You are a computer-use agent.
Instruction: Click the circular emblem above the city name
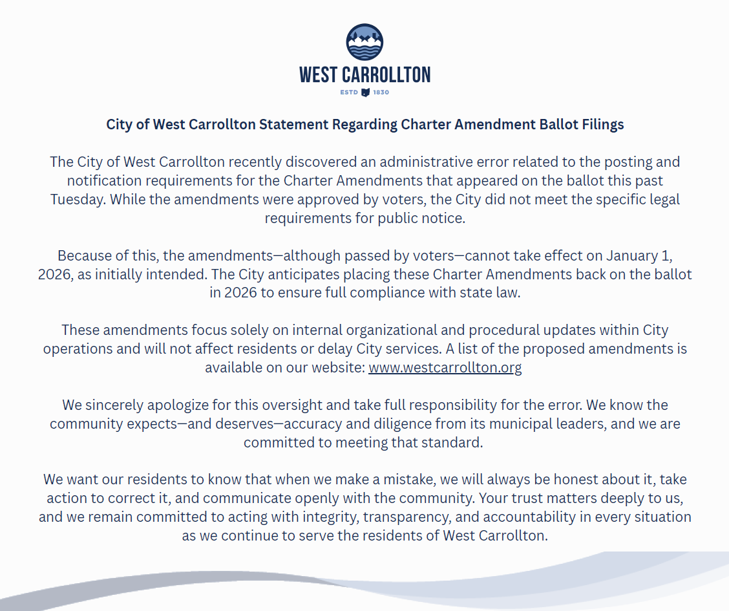(364, 42)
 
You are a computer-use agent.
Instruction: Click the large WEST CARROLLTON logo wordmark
(364, 75)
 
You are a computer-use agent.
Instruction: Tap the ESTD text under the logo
(349, 92)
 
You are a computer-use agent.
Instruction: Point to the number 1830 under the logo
(381, 92)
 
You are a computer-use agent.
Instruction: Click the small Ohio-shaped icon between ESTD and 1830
(365, 92)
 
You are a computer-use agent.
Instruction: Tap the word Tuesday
(78, 199)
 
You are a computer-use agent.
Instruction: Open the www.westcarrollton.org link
(445, 368)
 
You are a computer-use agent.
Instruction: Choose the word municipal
(570, 424)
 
